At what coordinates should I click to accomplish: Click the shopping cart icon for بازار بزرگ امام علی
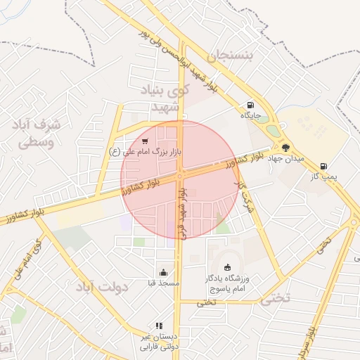click(145, 141)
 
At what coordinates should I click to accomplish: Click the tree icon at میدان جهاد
click(285, 148)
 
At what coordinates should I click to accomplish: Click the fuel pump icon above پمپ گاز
click(323, 166)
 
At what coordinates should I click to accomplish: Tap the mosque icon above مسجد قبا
click(164, 273)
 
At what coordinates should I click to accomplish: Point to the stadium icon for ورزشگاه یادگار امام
click(226, 266)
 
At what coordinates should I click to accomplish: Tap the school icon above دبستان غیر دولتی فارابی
click(159, 326)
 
